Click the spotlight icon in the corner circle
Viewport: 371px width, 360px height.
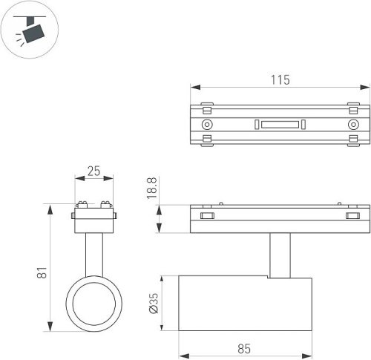(x=30, y=30)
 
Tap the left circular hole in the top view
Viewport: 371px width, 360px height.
(x=207, y=124)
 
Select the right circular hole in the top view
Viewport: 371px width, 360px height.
(x=353, y=124)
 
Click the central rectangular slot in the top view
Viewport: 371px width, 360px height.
(x=280, y=124)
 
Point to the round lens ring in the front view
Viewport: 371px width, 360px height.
(x=93, y=304)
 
